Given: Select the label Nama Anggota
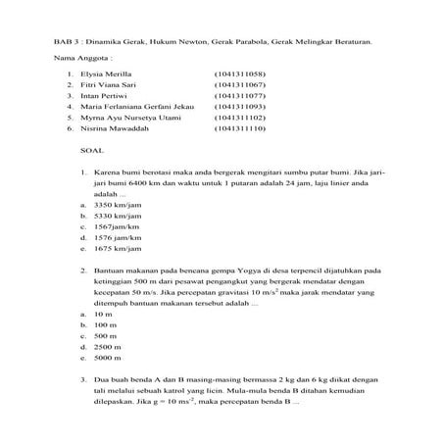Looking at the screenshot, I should [x=77, y=59].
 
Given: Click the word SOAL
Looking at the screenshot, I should [x=91, y=154].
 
